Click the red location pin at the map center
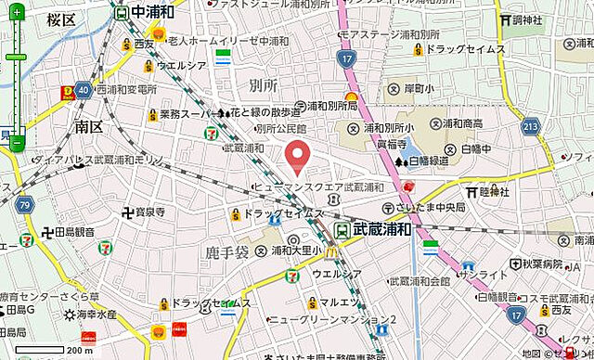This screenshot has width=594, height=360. (x=297, y=157)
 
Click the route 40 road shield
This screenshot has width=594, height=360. (x=84, y=89)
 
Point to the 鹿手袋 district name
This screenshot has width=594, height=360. (x=226, y=251)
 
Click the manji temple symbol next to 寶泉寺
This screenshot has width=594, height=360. (x=126, y=212)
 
